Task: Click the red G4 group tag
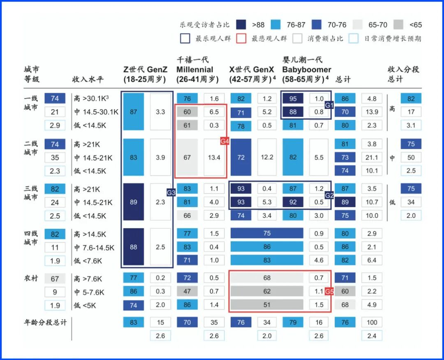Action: click(224, 142)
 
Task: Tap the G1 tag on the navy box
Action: click(329, 106)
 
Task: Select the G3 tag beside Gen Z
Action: click(171, 192)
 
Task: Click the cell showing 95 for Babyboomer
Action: click(293, 99)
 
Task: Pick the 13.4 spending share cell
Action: click(214, 157)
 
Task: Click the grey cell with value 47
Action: click(187, 291)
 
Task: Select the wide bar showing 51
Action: click(266, 305)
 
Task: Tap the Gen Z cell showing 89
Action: click(134, 202)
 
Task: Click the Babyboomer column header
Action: click(306, 69)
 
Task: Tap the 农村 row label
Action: click(31, 279)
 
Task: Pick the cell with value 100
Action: click(372, 322)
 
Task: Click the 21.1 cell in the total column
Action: click(372, 158)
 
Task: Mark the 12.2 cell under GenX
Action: click(267, 157)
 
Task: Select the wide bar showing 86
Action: click(266, 247)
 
